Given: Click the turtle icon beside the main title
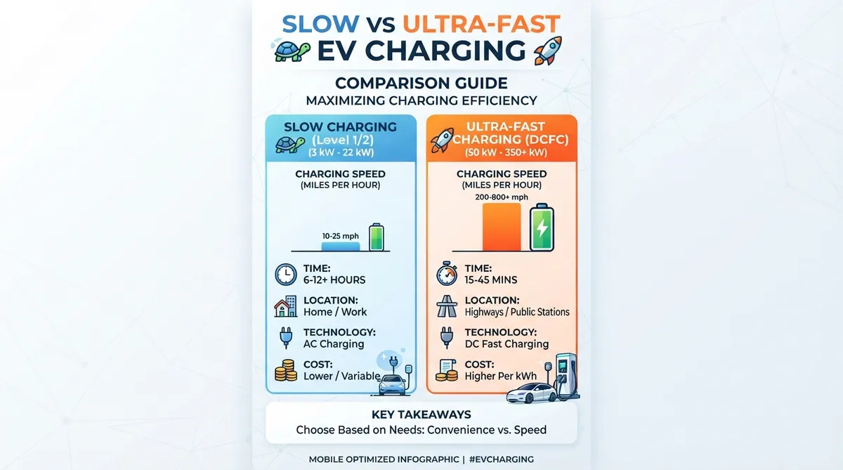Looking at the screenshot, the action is click(x=292, y=51).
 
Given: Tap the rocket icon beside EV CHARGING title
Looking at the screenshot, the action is click(x=548, y=50).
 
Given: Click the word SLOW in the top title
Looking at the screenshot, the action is click(x=320, y=24).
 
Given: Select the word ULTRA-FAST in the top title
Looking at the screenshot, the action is click(x=481, y=24).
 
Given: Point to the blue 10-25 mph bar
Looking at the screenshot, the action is click(x=341, y=247).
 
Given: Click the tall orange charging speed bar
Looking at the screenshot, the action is click(x=502, y=227).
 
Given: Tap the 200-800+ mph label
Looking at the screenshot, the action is click(x=502, y=197).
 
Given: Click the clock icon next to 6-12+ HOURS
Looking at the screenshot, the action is click(x=286, y=274).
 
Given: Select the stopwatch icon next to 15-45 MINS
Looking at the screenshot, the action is click(x=447, y=273).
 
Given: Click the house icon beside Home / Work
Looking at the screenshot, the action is click(x=286, y=306).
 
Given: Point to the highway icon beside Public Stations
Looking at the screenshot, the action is click(x=447, y=306).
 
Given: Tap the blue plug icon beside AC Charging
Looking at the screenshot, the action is click(x=286, y=337).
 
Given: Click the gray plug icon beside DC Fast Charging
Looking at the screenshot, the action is click(x=447, y=337).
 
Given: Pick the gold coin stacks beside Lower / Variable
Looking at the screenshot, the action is click(x=286, y=370).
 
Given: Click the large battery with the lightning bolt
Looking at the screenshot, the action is click(x=542, y=228).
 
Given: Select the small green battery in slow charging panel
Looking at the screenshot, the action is click(x=377, y=237).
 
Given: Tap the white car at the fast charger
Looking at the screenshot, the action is click(x=531, y=393).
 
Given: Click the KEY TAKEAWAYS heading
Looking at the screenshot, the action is click(x=421, y=414).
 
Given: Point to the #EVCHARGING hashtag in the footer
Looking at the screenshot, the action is click(x=502, y=459).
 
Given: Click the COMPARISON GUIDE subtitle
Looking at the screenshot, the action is click(x=421, y=83).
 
